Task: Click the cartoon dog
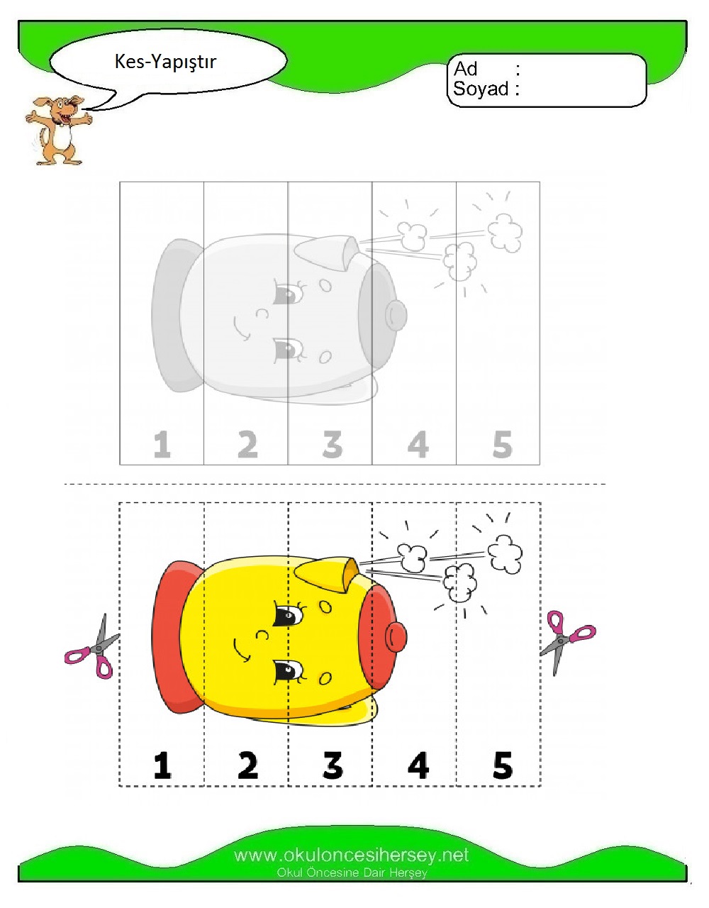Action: click(58, 130)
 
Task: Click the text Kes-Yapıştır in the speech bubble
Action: click(165, 62)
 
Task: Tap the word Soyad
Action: click(481, 89)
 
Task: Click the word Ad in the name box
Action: click(466, 69)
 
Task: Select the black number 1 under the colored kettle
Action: click(162, 765)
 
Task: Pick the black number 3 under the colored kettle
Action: click(333, 765)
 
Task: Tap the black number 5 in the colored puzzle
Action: click(502, 765)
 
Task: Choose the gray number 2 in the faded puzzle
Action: click(247, 445)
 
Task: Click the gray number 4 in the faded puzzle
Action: click(418, 445)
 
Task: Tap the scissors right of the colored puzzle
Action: click(567, 642)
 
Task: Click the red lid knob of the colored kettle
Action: click(396, 636)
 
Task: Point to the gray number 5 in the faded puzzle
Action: click(502, 445)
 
